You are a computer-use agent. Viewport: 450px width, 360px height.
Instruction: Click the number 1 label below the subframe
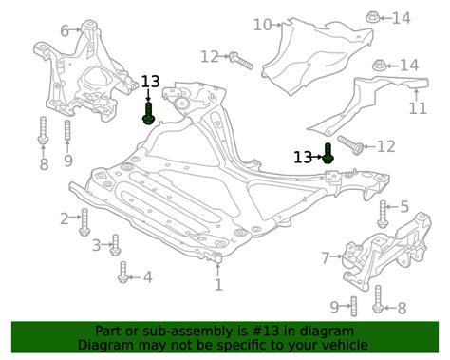coord(218,285)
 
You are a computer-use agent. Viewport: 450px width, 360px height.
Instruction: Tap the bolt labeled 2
coord(84,222)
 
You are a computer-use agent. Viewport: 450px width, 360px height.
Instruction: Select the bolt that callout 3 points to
coord(115,245)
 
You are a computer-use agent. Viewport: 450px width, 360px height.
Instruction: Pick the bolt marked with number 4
coord(122,272)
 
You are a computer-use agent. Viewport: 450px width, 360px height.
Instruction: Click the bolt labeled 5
coord(383,214)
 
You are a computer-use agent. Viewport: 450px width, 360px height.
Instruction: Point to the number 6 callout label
coord(65,31)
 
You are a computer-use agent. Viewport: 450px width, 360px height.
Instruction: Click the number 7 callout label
coord(326,258)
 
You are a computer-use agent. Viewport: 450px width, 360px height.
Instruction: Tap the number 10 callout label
coord(263,25)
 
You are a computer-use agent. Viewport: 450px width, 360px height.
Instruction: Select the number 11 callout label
coord(418,108)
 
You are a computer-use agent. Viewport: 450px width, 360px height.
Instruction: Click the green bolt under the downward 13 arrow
coord(148,113)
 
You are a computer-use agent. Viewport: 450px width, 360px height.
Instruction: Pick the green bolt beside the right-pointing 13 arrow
coord(328,154)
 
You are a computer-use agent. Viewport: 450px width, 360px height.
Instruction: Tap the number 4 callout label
coord(147,277)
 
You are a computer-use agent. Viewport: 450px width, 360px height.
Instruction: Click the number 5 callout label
coord(404,207)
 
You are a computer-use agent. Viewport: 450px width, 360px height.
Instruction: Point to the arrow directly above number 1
coord(218,269)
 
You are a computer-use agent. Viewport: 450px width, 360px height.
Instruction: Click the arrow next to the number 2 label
coord(75,217)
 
